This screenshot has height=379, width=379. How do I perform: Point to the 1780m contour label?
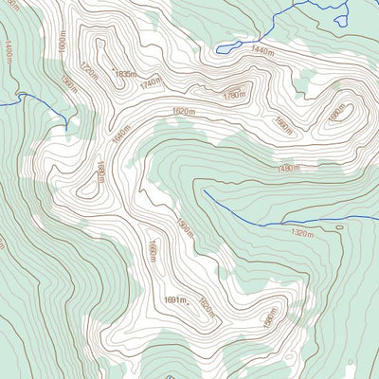235,95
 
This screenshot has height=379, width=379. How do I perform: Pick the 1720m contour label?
88,69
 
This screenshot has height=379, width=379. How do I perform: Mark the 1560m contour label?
67,84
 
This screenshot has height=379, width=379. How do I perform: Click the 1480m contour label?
288,169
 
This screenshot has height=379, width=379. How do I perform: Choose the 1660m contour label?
150,252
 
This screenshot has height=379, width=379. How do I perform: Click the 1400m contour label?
8,52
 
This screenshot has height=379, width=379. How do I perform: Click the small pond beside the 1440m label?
226,45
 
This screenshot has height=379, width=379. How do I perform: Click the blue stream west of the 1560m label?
33,99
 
